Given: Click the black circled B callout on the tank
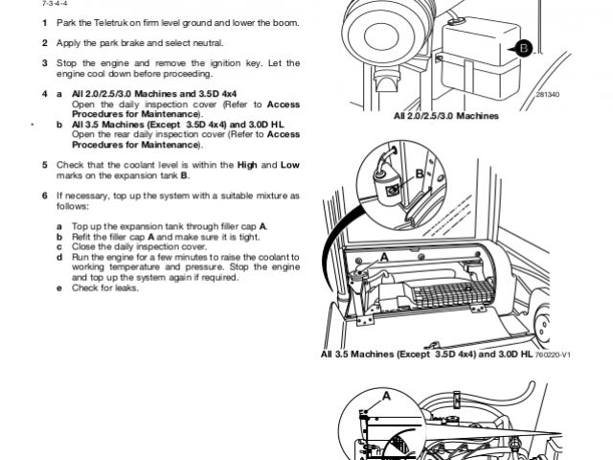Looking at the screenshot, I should [x=524, y=48].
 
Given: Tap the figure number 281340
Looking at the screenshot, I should [x=547, y=96].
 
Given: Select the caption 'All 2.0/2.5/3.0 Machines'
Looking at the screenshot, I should [x=446, y=115].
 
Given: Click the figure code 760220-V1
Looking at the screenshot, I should [x=553, y=354].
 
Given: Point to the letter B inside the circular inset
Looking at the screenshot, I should [x=419, y=173].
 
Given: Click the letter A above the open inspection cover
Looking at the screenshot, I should [x=384, y=257].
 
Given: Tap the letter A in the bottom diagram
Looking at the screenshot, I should [x=387, y=394].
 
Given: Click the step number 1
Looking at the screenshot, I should [x=44, y=22].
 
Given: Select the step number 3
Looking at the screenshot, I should [x=44, y=62].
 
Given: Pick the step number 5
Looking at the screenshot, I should [x=44, y=165].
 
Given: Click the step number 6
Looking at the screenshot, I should [x=44, y=195].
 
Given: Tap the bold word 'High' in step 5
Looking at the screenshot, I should [x=249, y=165].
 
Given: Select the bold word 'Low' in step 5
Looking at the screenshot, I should [x=289, y=165].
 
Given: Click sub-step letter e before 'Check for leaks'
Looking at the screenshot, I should [x=59, y=287].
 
